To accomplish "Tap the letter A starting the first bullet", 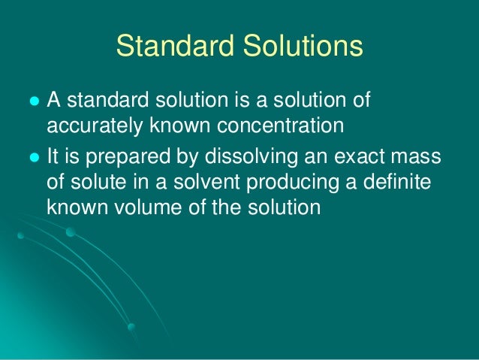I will point(54,101).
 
